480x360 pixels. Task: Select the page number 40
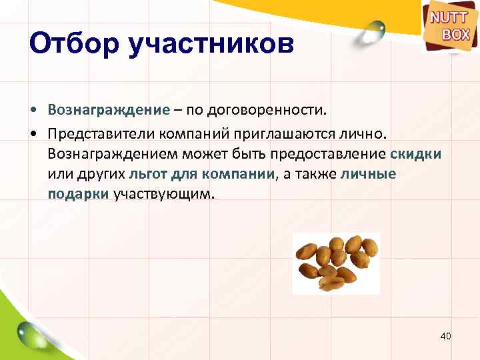pyautogui.click(x=446, y=336)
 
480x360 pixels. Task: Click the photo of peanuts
pyautogui.click(x=337, y=263)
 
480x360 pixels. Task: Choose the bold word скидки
pyautogui.click(x=415, y=154)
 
